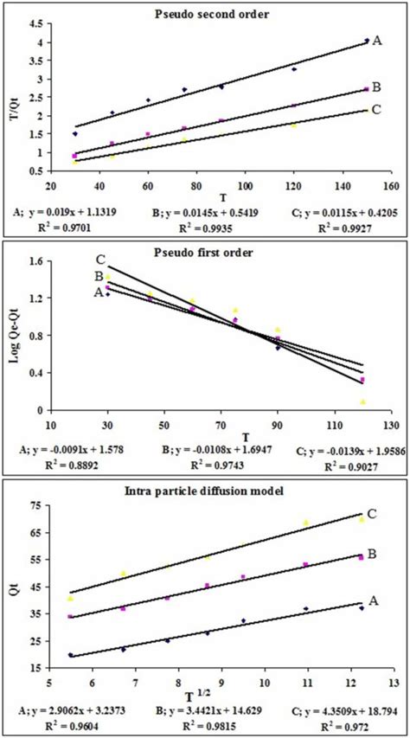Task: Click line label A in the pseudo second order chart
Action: pos(377,40)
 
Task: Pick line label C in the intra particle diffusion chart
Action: pos(372,514)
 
